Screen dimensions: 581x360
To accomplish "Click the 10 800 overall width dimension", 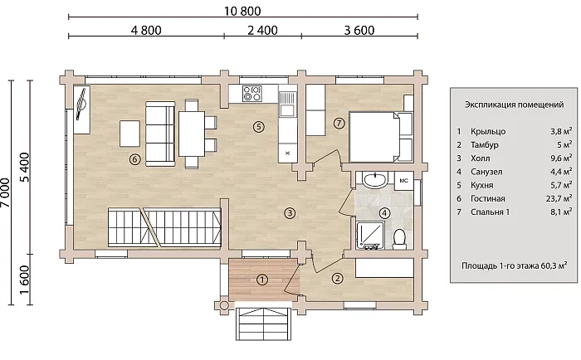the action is (x=242, y=11).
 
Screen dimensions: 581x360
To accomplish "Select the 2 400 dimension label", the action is (x=262, y=31).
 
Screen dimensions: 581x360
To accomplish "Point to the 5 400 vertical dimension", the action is (x=24, y=167).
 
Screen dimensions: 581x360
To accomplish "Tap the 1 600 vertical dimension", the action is (x=24, y=280).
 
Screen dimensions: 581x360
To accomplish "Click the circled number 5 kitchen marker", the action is (x=259, y=127).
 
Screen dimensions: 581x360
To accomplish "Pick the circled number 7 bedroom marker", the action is (x=339, y=123).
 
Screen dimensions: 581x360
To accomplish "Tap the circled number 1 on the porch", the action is (x=262, y=280).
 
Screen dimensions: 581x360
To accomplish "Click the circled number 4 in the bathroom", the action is (x=384, y=213).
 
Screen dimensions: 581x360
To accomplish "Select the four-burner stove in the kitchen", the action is (x=252, y=94).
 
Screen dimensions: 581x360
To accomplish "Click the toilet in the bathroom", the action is (x=399, y=239).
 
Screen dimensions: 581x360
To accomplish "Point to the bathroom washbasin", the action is (x=375, y=180).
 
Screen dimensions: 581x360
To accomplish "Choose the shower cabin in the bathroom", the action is (x=370, y=236).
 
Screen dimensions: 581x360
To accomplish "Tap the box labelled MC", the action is (x=403, y=181).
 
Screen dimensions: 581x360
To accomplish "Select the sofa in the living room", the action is (x=160, y=134).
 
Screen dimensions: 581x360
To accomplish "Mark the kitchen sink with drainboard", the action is (x=288, y=104).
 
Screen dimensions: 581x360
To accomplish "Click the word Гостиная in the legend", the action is (x=488, y=199).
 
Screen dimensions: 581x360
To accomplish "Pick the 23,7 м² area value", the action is (x=559, y=198).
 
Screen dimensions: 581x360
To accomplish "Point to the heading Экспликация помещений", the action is (x=515, y=105).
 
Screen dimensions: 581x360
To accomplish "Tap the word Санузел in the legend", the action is (x=486, y=172).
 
